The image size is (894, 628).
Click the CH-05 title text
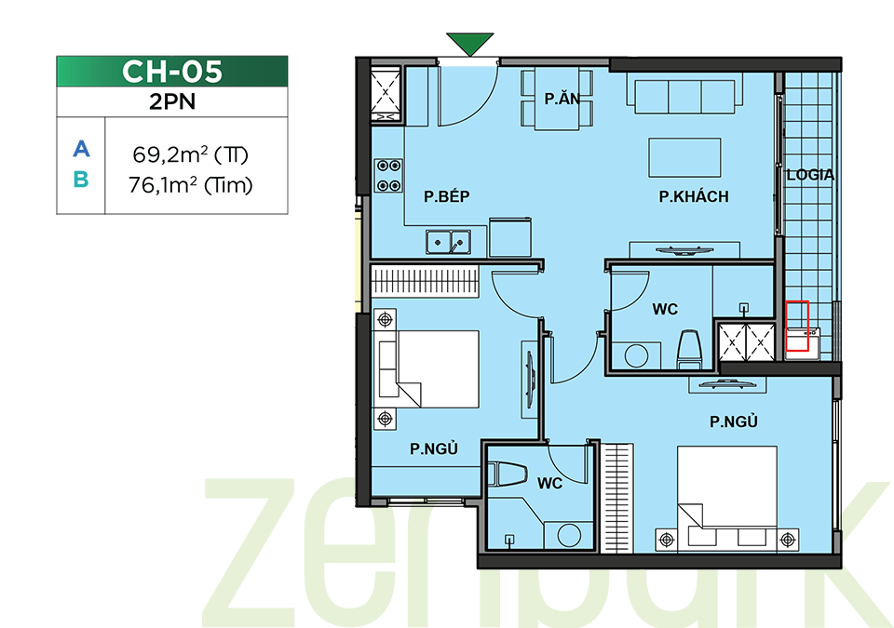point(171,72)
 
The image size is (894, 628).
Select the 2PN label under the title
point(172,101)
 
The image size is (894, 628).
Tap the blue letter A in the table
point(82,149)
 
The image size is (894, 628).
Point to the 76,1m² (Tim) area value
point(190,185)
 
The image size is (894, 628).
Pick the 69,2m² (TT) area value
point(190,154)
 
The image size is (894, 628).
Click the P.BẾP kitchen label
point(446,196)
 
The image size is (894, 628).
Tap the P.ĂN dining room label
point(562,99)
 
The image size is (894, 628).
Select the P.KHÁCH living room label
point(694,196)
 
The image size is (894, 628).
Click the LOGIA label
point(810,175)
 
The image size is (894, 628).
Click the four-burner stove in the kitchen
point(388,176)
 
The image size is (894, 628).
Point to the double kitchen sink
point(448,242)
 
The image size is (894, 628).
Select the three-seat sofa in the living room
point(684,97)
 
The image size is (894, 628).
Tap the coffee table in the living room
point(684,157)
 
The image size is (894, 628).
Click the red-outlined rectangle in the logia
point(797,326)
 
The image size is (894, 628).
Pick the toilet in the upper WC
point(689,349)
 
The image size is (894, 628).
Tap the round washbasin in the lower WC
point(569,536)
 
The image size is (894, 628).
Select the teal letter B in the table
point(81,180)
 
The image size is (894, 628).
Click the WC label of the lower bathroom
point(549,483)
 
